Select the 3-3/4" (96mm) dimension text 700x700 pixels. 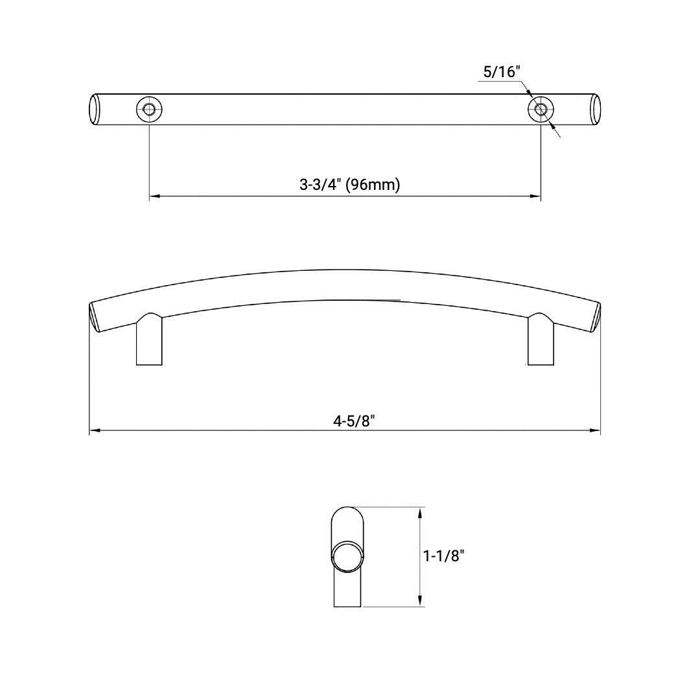(349, 185)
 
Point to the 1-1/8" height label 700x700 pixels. (444, 555)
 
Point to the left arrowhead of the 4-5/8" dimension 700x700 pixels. (93, 430)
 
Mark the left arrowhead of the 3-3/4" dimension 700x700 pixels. (154, 195)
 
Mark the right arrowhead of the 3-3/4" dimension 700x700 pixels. (537, 195)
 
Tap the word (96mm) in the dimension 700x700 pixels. (373, 185)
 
